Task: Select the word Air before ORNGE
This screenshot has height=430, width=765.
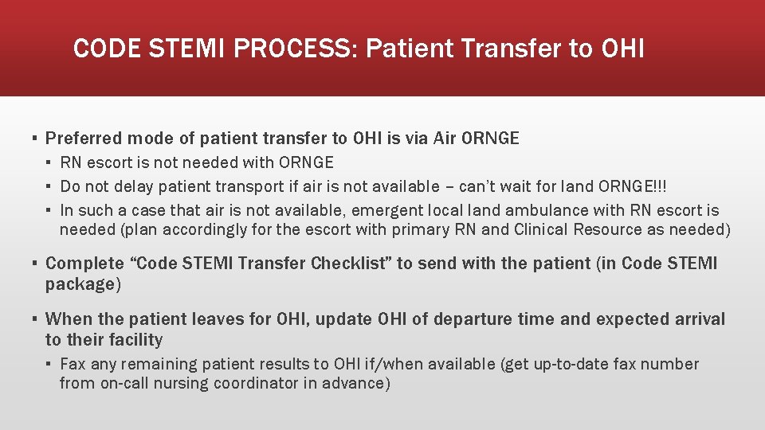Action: (446, 139)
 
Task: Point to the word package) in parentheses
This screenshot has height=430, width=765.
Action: (80, 284)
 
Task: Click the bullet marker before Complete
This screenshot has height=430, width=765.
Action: (34, 264)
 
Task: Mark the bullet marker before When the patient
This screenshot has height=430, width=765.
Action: (34, 320)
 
